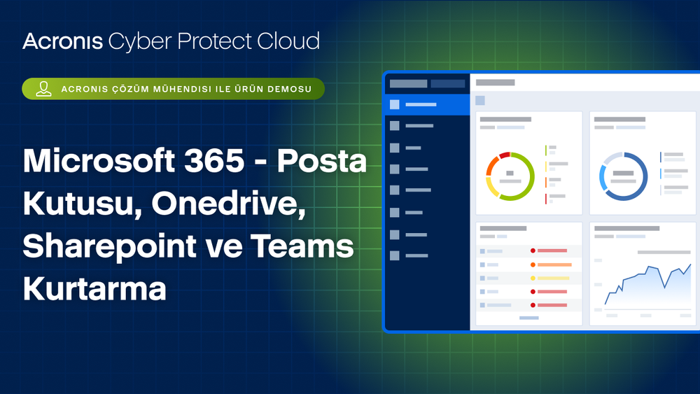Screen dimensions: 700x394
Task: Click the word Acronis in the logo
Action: tap(63, 41)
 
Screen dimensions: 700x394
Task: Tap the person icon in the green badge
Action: tap(43, 89)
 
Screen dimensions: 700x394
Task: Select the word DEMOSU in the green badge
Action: tap(289, 90)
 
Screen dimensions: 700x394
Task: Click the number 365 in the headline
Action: tap(214, 160)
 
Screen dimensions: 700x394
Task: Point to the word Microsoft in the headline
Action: tap(99, 160)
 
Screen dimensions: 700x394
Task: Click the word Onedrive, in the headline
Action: tap(229, 204)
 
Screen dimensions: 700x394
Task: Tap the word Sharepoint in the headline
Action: tap(109, 247)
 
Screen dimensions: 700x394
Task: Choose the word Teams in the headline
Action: tap(302, 246)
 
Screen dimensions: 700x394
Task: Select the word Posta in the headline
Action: tap(322, 160)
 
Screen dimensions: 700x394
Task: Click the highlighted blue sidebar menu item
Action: tap(427, 104)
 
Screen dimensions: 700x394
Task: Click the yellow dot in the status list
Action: tap(533, 278)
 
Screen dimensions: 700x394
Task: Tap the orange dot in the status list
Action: tap(533, 265)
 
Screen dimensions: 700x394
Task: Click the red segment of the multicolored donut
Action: tap(505, 155)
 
